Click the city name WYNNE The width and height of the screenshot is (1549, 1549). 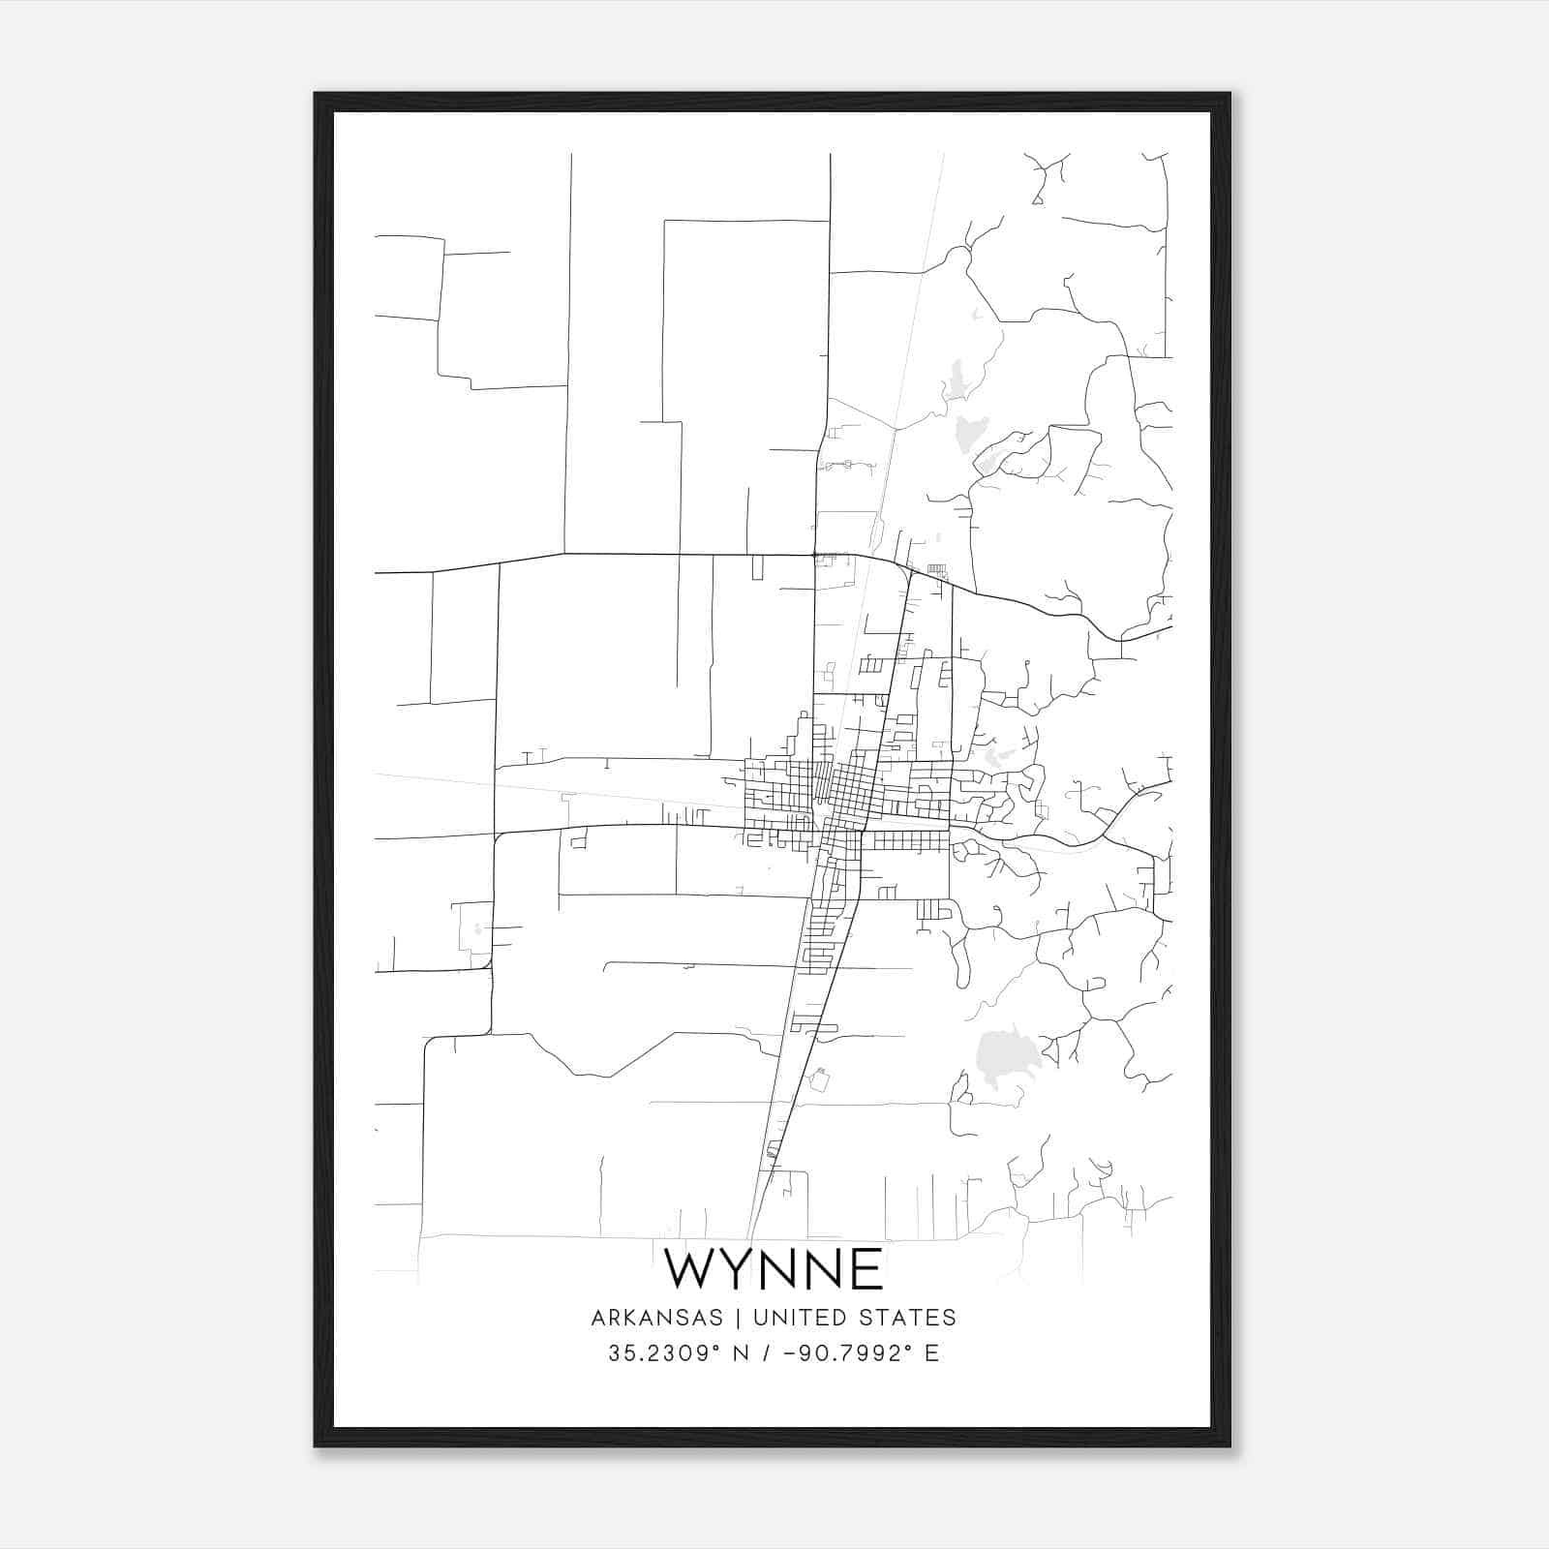(x=774, y=1269)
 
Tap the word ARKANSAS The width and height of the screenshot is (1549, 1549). (x=656, y=1318)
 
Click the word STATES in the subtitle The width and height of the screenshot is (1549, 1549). (x=907, y=1318)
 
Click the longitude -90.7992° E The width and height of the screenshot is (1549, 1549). (x=853, y=1353)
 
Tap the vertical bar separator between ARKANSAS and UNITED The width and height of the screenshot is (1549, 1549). (x=738, y=1318)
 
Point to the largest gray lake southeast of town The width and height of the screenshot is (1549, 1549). (x=1005, y=1058)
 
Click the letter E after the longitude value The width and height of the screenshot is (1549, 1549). (x=931, y=1353)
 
